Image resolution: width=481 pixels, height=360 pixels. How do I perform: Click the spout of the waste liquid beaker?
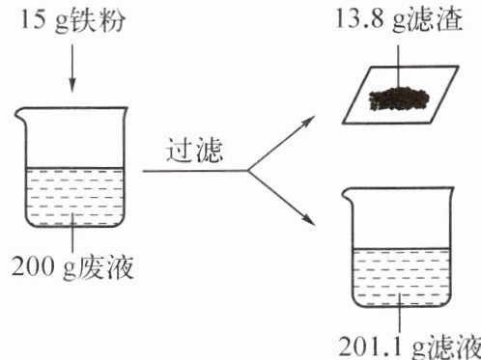[19, 114]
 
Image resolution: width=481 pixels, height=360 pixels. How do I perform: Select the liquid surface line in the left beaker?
[74, 168]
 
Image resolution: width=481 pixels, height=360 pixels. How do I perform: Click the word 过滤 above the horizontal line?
[194, 150]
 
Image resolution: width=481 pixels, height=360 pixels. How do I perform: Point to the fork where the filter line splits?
[248, 171]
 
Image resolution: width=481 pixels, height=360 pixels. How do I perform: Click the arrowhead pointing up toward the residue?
[307, 122]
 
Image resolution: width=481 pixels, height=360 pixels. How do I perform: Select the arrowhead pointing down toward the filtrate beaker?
[308, 219]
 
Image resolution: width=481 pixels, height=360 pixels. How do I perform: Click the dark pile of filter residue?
[399, 99]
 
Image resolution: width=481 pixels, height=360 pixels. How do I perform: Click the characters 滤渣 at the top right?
[436, 19]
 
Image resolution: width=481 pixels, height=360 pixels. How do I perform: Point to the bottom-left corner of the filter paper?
[343, 124]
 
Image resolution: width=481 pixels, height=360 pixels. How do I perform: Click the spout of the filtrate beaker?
[348, 195]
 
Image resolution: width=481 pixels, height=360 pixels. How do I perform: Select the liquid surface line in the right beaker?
[401, 248]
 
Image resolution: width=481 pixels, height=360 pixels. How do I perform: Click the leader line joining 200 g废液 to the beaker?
[72, 233]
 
